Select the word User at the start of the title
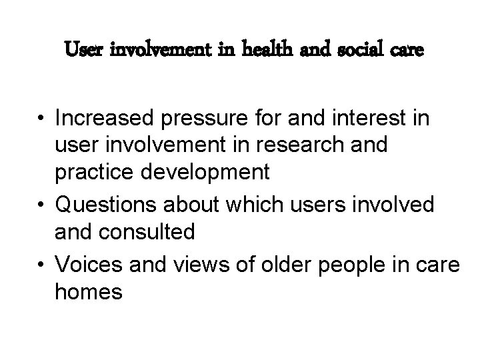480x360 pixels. [x=83, y=50]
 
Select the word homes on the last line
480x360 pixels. [x=89, y=291]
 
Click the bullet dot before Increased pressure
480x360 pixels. [x=43, y=119]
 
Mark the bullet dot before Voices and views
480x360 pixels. [x=43, y=265]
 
